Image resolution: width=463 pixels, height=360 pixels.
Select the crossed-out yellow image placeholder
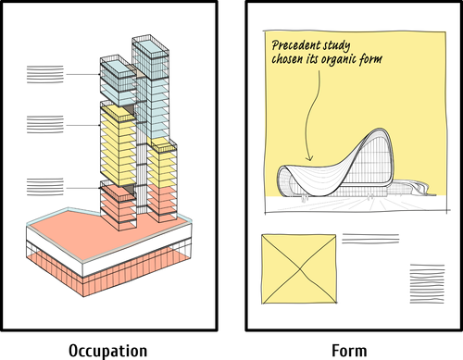(298, 269)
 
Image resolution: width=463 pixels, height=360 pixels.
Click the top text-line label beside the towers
(45, 75)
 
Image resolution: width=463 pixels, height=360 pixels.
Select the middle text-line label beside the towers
(45, 123)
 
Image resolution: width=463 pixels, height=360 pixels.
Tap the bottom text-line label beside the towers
(45, 187)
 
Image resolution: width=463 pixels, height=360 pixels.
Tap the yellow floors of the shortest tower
(161, 167)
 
